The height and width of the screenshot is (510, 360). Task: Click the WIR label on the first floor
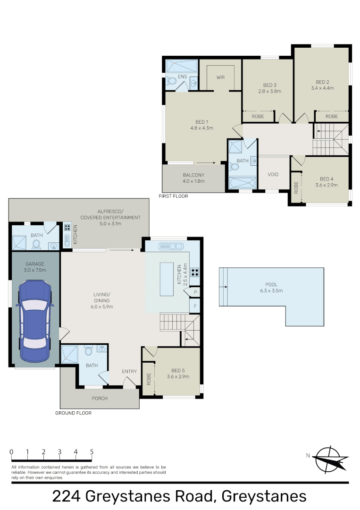pos(220,77)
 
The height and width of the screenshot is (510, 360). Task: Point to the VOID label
pos(273,174)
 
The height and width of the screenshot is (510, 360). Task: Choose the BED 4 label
pos(326,178)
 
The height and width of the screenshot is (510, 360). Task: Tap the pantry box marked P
pos(195,293)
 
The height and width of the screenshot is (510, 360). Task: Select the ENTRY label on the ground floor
pos(129,371)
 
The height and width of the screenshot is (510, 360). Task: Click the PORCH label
pos(100,398)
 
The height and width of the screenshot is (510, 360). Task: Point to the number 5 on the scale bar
pos(92,451)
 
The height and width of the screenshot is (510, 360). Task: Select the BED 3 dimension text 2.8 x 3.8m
pos(269,91)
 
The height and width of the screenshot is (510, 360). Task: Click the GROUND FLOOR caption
pos(73,413)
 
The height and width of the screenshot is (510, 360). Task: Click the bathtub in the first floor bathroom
pos(241,183)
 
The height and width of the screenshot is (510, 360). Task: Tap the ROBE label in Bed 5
pos(149,379)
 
